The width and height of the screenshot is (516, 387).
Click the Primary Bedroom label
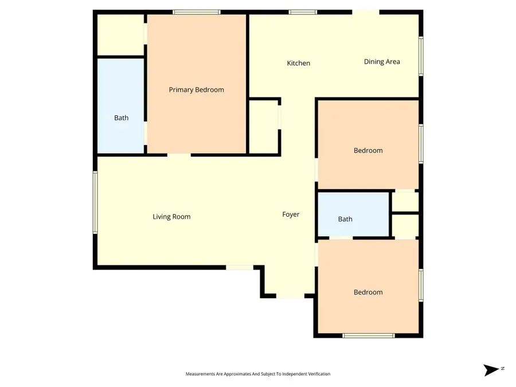(196, 90)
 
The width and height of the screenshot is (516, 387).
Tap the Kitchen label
(298, 63)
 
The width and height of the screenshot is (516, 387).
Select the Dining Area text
(382, 62)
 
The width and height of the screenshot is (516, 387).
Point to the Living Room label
(171, 217)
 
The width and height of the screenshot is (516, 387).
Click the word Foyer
(291, 214)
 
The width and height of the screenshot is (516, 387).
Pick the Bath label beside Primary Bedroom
(121, 118)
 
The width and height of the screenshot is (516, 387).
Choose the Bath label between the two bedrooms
(345, 219)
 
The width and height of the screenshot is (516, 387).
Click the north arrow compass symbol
(491, 370)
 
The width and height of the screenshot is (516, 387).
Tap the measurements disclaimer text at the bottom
(257, 374)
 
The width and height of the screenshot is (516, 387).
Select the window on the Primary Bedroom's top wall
(197, 12)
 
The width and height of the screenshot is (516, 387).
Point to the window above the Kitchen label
(303, 12)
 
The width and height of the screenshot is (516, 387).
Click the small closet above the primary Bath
(120, 35)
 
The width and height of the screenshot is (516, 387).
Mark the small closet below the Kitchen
(264, 127)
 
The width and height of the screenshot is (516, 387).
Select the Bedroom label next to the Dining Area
(368, 151)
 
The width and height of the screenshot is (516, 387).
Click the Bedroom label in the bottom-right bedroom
(368, 292)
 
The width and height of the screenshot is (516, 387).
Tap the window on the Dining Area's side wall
(421, 56)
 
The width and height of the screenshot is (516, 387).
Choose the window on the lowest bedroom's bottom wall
(369, 335)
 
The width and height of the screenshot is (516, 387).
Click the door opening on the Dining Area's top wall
(365, 12)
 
